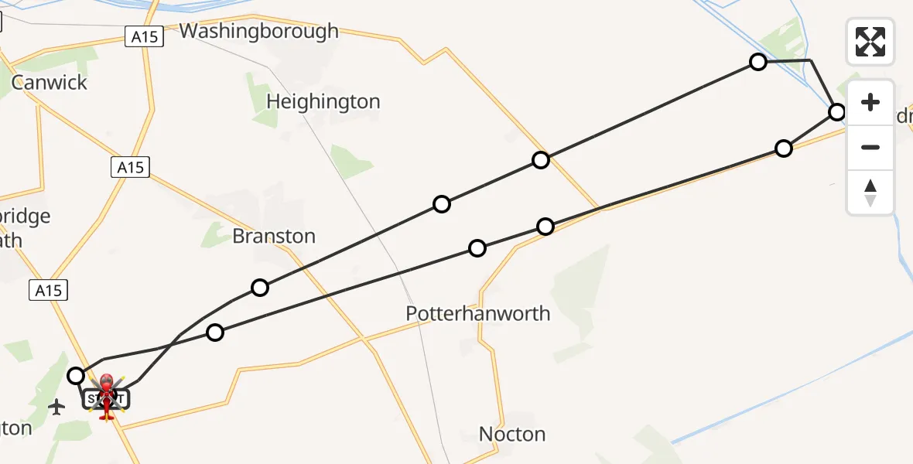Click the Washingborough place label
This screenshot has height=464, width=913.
pyautogui.click(x=259, y=31)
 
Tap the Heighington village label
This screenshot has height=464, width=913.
pyautogui.click(x=323, y=101)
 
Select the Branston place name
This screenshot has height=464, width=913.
pyautogui.click(x=274, y=236)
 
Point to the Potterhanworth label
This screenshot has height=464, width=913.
pyautogui.click(x=478, y=313)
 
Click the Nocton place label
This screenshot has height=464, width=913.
pyautogui.click(x=512, y=434)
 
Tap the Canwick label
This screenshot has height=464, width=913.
pyautogui.click(x=50, y=83)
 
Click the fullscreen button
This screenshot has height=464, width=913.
pyautogui.click(x=870, y=41)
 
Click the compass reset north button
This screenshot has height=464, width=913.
pyautogui.click(x=870, y=192)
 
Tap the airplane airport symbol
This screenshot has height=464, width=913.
pyautogui.click(x=56, y=406)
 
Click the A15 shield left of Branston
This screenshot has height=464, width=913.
pyautogui.click(x=130, y=166)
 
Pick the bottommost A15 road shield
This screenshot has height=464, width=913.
pyautogui.click(x=49, y=290)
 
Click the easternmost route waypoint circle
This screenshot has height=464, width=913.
pyautogui.click(x=836, y=112)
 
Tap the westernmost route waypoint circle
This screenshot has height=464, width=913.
pyautogui.click(x=76, y=376)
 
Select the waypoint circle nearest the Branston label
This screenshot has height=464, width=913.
pyautogui.click(x=260, y=288)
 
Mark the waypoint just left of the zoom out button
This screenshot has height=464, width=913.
pyautogui.click(x=784, y=148)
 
